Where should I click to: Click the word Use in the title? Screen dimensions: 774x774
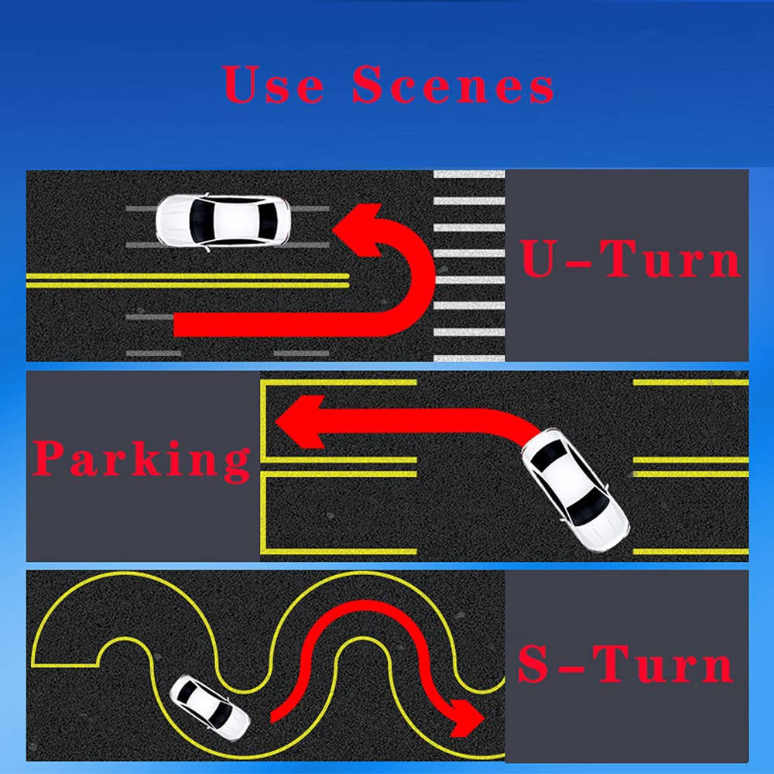[273, 84]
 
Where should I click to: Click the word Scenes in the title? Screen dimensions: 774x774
[453, 84]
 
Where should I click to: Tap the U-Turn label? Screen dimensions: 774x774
[630, 259]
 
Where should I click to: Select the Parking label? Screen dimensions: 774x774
[142, 458]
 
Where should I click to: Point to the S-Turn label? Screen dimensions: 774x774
[625, 664]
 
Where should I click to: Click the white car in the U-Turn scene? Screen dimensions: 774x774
[223, 221]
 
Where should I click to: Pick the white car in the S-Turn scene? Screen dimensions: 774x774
[210, 708]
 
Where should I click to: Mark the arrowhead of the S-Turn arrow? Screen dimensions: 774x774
[463, 717]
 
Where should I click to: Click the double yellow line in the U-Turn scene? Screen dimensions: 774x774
[187, 280]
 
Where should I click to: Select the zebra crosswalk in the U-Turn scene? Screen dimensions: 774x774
[469, 265]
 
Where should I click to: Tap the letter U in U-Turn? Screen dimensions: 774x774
[539, 259]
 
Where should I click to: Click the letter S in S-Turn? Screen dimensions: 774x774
[533, 664]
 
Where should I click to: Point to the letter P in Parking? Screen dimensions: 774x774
[50, 457]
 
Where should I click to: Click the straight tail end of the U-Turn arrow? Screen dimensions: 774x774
[175, 325]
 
